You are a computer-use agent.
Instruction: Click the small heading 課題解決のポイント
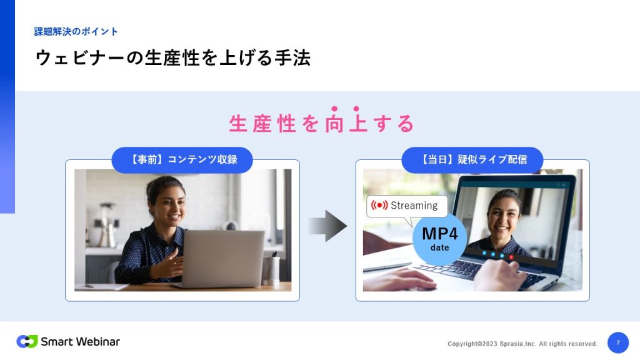[x=76, y=31]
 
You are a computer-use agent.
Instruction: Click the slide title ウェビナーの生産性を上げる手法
[x=173, y=57]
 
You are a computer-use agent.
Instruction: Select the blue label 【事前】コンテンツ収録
[x=182, y=159]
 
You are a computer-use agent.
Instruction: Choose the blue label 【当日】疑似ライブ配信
[x=472, y=159]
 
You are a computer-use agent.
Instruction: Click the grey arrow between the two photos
[x=327, y=226]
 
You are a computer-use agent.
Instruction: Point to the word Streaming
[x=414, y=205]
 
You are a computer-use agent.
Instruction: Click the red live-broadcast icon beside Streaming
[x=379, y=205]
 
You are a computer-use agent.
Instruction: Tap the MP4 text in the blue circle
[x=439, y=234]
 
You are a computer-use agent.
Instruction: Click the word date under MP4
[x=439, y=247]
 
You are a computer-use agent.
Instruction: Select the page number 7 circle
[x=618, y=342]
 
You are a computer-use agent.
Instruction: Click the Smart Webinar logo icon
[x=27, y=341]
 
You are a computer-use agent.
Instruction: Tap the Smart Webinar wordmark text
[x=81, y=342]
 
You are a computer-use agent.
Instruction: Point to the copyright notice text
[x=522, y=344]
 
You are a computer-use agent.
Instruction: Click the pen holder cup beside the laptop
[x=271, y=269]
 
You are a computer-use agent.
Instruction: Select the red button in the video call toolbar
[x=511, y=257]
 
